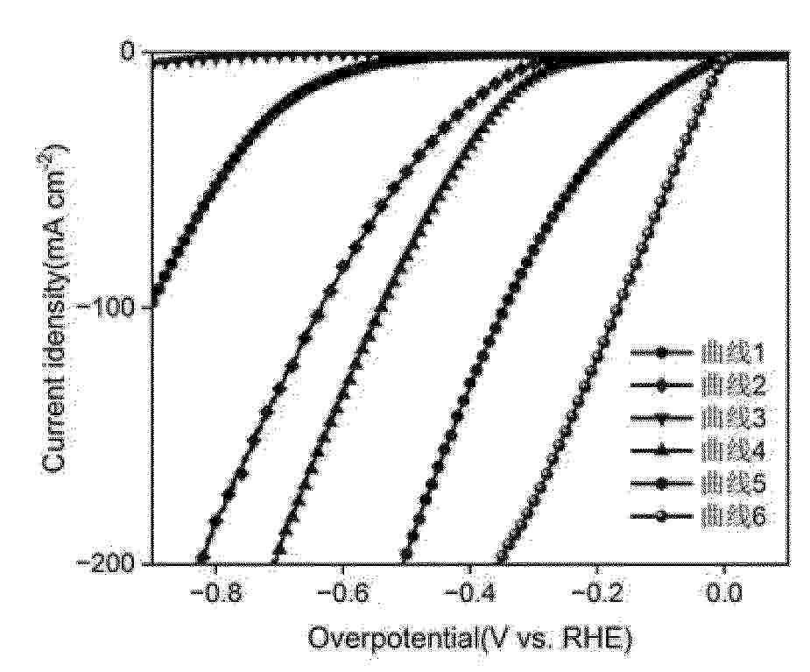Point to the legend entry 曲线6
click(x=734, y=516)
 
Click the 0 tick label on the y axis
click(x=130, y=52)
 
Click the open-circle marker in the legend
click(x=662, y=517)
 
